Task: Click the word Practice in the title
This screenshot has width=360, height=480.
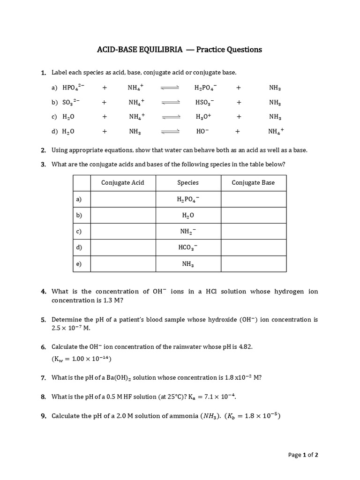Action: (x=211, y=50)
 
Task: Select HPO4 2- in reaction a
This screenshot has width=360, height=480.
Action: (x=73, y=88)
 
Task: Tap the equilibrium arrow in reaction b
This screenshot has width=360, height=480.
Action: (x=171, y=102)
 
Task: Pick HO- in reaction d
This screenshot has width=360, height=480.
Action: (x=202, y=132)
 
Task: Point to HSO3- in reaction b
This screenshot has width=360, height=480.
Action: (x=204, y=102)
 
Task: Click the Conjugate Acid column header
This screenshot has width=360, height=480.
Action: (x=123, y=183)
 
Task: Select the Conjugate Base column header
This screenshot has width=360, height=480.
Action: (x=253, y=183)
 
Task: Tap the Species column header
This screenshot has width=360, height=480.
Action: (x=188, y=183)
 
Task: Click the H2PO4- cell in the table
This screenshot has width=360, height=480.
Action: (x=188, y=199)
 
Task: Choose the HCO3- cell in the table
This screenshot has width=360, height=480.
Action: (x=188, y=247)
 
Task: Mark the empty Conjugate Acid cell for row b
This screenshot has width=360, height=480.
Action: (x=123, y=215)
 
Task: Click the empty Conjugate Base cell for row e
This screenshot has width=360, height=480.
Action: (x=253, y=264)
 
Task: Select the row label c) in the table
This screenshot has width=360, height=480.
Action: (x=79, y=231)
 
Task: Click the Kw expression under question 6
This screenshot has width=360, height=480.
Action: (x=82, y=359)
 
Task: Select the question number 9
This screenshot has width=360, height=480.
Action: (x=43, y=416)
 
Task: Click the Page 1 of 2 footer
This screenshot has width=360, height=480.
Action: (x=303, y=455)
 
